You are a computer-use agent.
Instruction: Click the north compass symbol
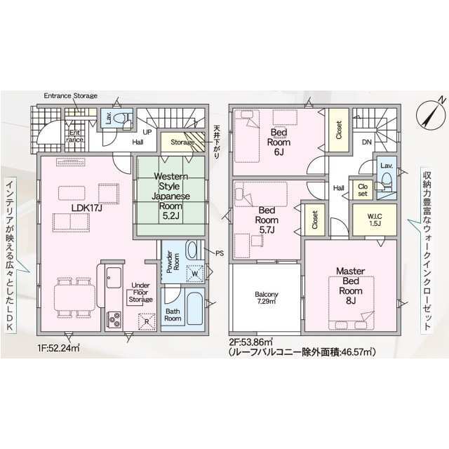pyautogui.click(x=431, y=113)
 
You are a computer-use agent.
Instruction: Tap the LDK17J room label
pyautogui.click(x=87, y=208)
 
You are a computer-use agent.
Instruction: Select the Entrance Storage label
pyautogui.click(x=70, y=95)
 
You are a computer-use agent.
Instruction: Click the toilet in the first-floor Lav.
pyautogui.click(x=120, y=118)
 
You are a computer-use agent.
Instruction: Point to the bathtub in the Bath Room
pyautogui.click(x=195, y=309)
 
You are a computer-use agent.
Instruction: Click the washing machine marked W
pyautogui.click(x=195, y=273)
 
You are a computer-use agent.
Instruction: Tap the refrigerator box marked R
pyautogui.click(x=147, y=321)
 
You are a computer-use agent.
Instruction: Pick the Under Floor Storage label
pyautogui.click(x=140, y=293)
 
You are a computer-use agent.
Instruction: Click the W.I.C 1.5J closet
pyautogui.click(x=375, y=220)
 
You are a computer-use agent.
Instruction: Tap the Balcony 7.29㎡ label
pyautogui.click(x=267, y=297)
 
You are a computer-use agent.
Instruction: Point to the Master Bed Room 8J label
pyautogui.click(x=351, y=286)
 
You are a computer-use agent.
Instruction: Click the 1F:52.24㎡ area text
pyautogui.click(x=58, y=349)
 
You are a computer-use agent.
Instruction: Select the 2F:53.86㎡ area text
pyautogui.click(x=250, y=342)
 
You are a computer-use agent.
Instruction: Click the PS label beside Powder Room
pyautogui.click(x=220, y=253)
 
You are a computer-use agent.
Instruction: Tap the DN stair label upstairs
pyautogui.click(x=367, y=142)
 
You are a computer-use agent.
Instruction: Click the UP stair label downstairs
pyautogui.click(x=147, y=133)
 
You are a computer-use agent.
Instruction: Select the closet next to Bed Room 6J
pyautogui.click(x=338, y=130)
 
